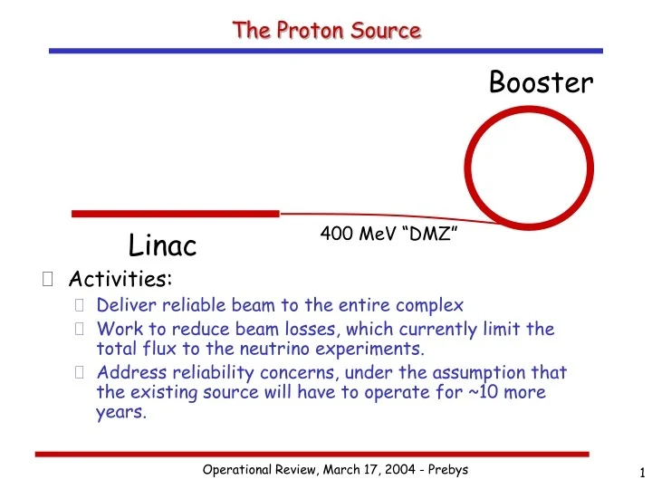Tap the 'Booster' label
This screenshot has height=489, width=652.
point(541,82)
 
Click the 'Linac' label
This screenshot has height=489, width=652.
point(163,244)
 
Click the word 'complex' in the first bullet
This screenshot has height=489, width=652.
point(431,305)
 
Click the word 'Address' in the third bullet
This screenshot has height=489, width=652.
point(128,372)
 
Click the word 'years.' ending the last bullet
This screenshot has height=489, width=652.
point(120,413)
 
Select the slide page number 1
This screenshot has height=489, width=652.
point(640,471)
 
